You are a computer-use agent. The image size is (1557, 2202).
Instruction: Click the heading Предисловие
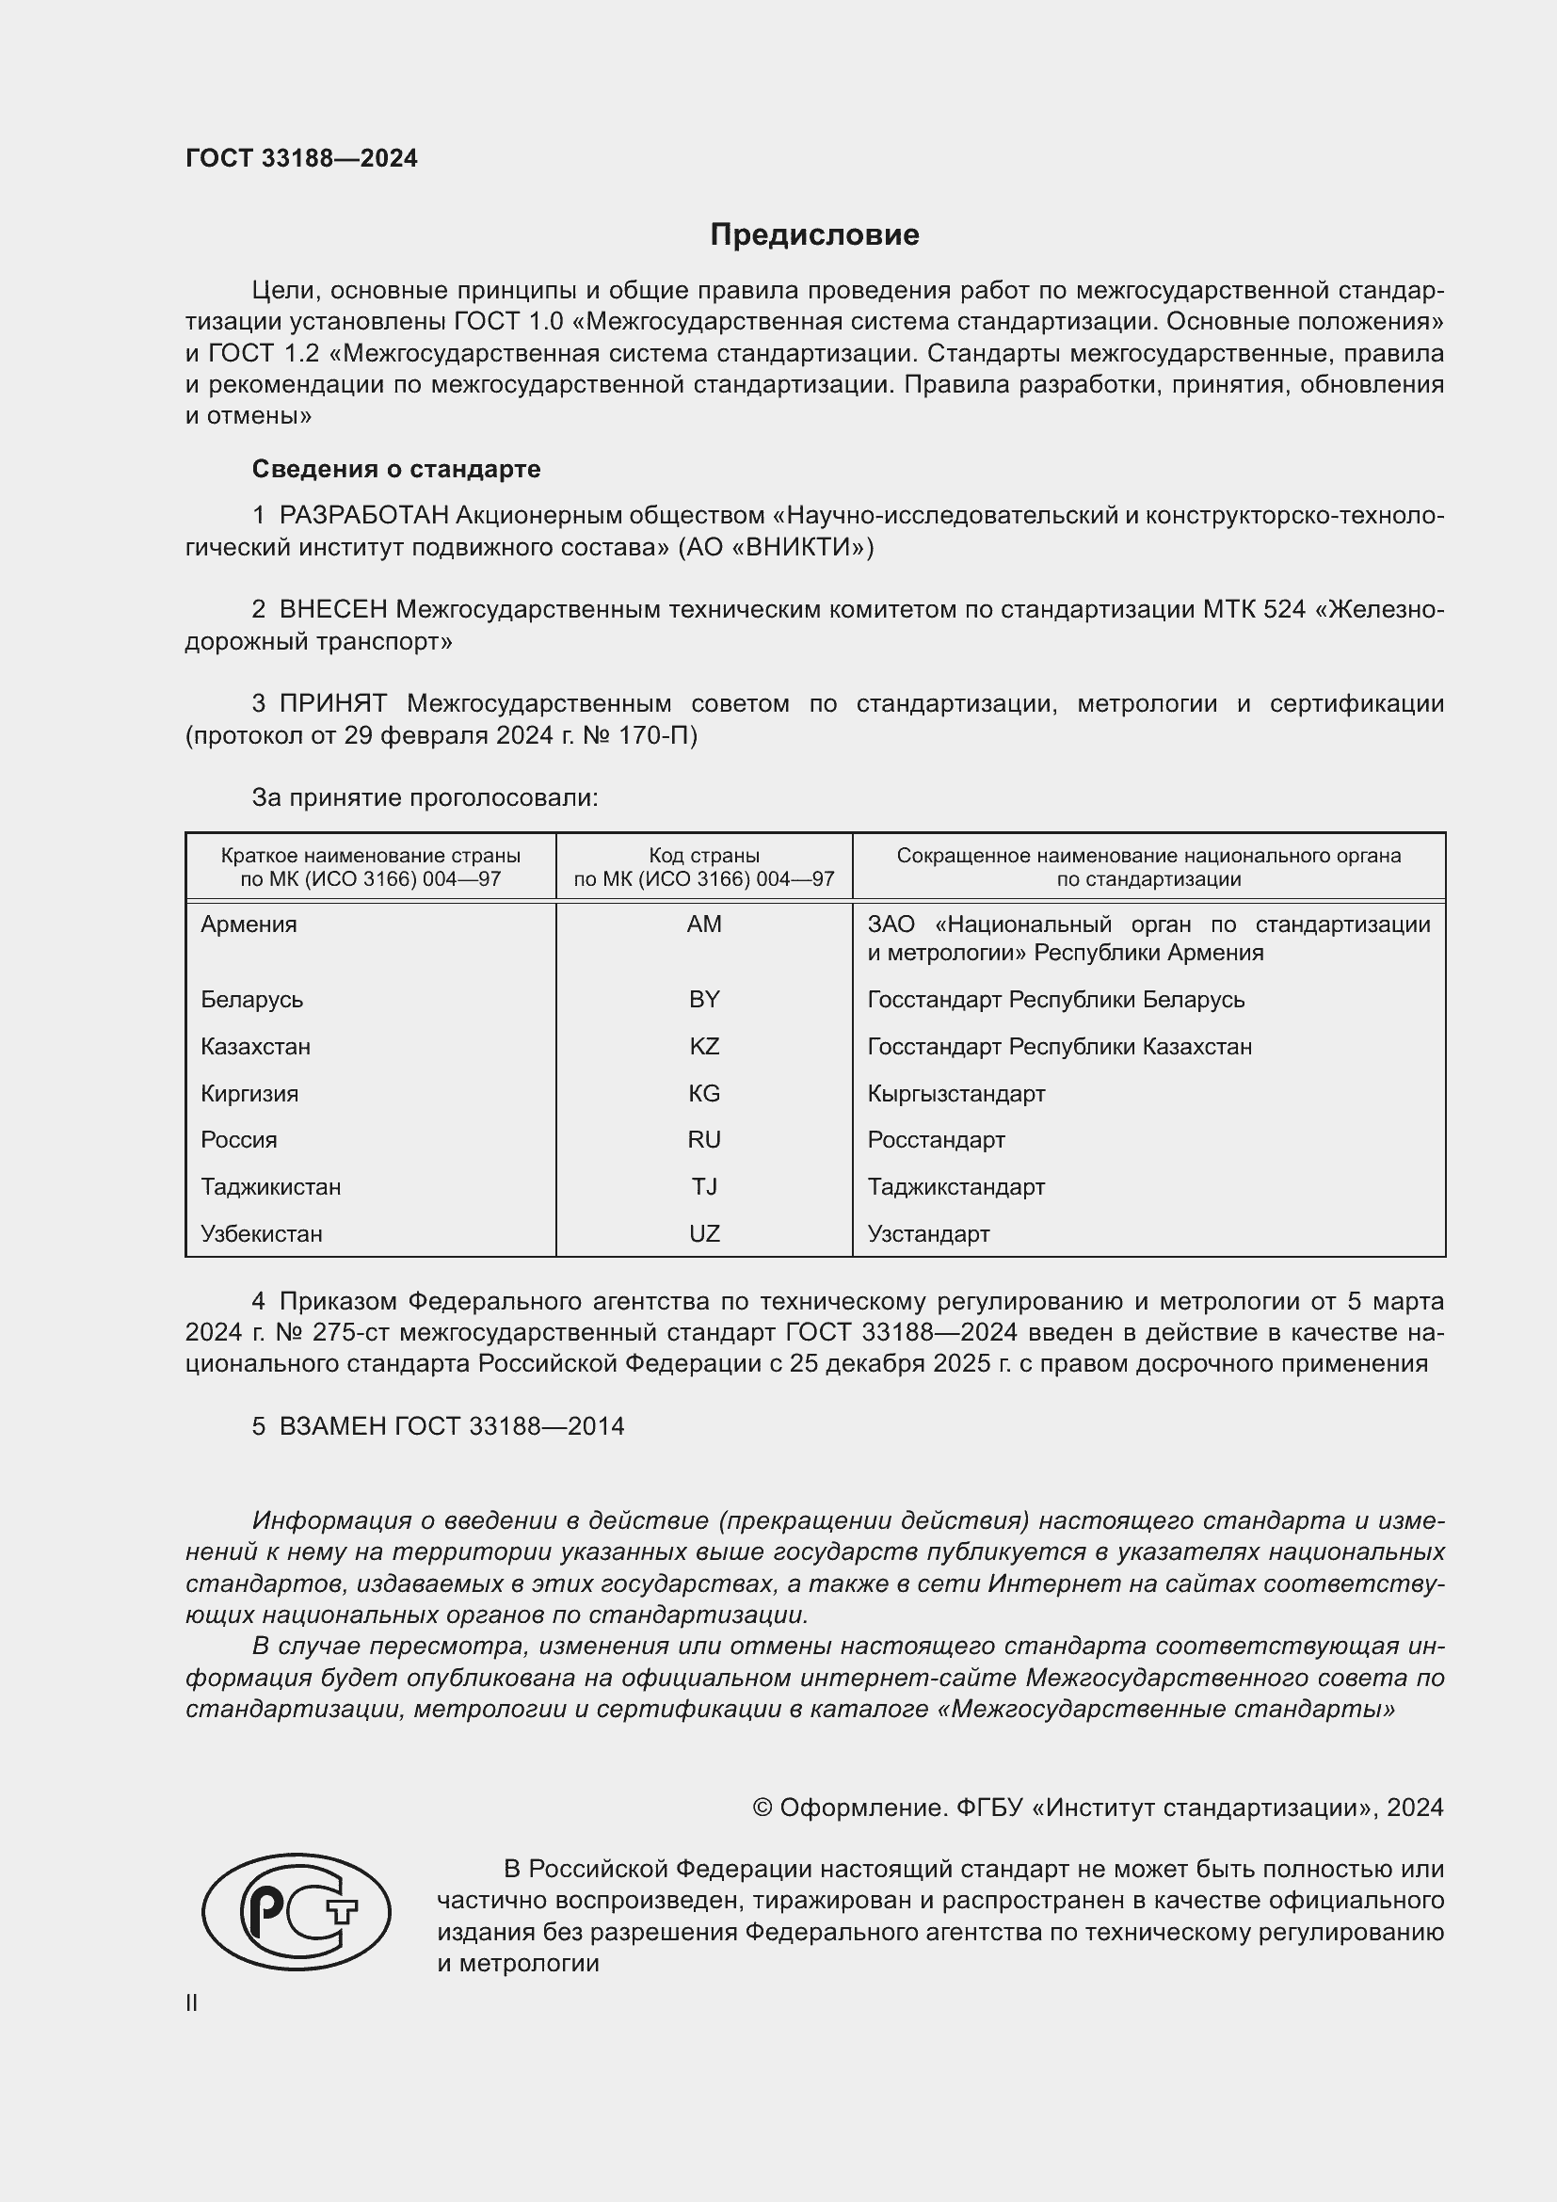point(814,235)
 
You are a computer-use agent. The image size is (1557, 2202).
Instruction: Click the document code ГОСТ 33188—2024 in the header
point(301,158)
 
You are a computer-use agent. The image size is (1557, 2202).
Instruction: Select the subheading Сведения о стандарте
point(396,469)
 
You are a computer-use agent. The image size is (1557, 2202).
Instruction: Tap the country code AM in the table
point(704,924)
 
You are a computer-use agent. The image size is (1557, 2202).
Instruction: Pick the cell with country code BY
point(704,1000)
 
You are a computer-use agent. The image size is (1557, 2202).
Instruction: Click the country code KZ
point(704,1046)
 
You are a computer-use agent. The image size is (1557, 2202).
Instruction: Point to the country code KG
point(704,1093)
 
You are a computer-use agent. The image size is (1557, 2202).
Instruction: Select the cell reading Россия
point(239,1140)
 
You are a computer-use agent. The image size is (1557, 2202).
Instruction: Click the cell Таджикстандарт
point(955,1187)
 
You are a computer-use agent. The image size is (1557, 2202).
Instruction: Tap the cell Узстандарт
point(928,1234)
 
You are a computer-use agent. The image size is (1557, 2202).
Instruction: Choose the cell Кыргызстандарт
point(955,1093)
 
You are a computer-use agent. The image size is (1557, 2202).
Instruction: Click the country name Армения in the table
point(249,924)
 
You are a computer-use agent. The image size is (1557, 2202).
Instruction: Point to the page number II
point(192,2002)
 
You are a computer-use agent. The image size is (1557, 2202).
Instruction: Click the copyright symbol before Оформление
point(762,1808)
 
